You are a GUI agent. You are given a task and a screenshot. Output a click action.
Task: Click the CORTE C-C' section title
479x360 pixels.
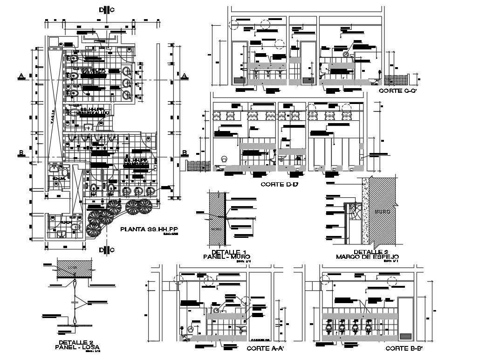pos(397,90)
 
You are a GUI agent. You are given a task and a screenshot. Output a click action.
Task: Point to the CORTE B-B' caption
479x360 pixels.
pos(404,348)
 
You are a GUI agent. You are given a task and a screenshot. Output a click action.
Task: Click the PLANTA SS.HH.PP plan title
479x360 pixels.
pos(149,229)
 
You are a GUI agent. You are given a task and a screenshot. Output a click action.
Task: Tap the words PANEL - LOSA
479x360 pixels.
pos(77,347)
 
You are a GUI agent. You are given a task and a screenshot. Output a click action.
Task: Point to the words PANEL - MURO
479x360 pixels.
pos(227,257)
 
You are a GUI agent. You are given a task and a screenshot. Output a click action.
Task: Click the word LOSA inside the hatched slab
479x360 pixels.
pos(70,267)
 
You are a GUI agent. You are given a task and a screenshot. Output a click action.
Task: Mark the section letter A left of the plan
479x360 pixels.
pos(21,76)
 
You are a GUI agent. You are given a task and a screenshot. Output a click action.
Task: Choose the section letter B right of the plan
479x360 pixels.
pos(185,152)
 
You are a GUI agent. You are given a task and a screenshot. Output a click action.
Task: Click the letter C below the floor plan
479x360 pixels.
pos(112,250)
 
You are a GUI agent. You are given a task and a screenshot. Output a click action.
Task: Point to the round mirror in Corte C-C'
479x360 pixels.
pos(345,55)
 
